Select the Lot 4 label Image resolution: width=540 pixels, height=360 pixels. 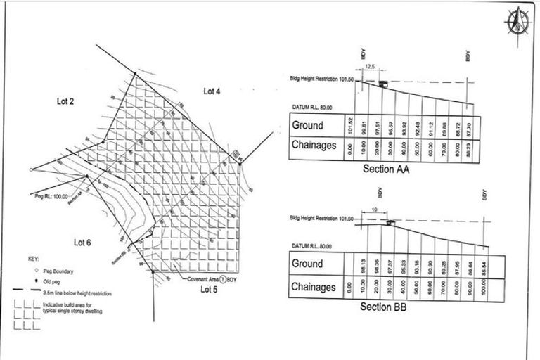point(212,91)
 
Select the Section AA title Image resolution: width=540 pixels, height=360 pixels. point(386,169)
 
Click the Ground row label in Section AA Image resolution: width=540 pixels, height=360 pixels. point(308,125)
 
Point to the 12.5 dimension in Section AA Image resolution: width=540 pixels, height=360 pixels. point(370,67)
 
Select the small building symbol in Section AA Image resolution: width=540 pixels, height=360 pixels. point(382,83)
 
